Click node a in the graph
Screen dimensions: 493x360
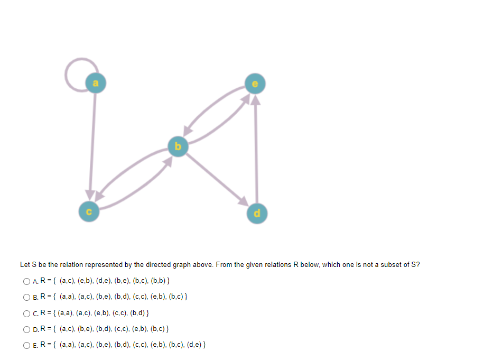tap(95, 82)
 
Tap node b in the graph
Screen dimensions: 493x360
tap(178, 146)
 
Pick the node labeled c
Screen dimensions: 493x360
tap(89, 212)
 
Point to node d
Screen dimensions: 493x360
tap(257, 213)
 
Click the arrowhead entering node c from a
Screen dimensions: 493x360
tap(91, 196)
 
